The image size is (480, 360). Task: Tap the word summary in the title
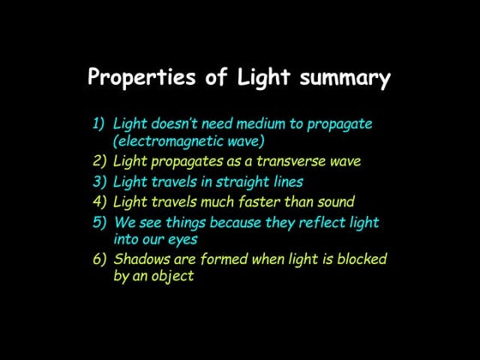pyautogui.click(x=345, y=80)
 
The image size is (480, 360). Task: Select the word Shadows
pyautogui.click(x=142, y=259)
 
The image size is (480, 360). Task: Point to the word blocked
pyautogui.click(x=357, y=259)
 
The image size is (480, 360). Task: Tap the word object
pyautogui.click(x=171, y=277)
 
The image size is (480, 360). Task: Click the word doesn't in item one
pyautogui.click(x=177, y=123)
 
